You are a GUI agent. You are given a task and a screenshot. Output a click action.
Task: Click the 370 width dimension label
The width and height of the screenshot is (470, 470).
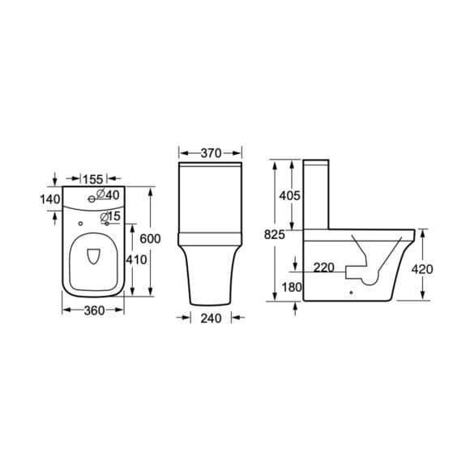(211, 153)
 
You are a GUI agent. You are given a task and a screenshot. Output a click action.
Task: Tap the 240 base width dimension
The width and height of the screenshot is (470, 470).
(211, 318)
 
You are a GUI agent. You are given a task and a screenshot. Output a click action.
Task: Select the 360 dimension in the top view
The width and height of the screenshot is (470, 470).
(95, 310)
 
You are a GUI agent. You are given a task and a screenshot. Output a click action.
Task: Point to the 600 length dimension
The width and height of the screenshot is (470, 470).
(150, 238)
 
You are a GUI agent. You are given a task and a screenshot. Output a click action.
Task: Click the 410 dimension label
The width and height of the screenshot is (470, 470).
(136, 259)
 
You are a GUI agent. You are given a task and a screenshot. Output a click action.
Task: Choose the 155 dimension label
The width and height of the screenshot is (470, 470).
(93, 179)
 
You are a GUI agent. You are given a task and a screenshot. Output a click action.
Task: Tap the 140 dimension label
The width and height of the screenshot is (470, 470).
(50, 199)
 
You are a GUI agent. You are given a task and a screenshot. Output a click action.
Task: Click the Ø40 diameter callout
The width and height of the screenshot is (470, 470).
(108, 194)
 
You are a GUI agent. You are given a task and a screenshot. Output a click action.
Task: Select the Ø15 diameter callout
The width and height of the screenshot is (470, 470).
(110, 216)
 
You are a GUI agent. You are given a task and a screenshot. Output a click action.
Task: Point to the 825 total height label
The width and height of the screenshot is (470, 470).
(274, 235)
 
